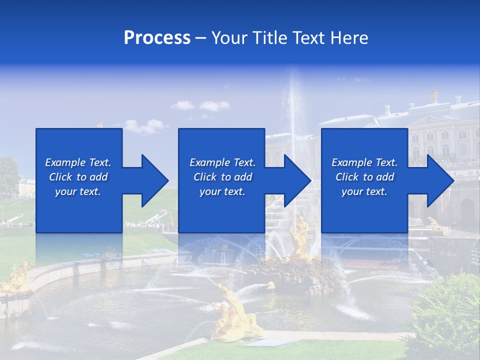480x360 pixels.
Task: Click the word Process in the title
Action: point(157,38)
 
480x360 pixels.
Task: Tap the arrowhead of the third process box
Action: point(440,180)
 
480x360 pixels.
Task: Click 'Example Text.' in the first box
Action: point(78,162)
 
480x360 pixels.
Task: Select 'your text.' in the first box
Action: point(78,191)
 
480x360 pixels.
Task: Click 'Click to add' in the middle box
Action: point(222,177)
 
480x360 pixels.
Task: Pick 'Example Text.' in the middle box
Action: point(222,162)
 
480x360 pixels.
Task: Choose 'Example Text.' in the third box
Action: point(364,162)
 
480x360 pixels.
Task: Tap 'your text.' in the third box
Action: point(364,191)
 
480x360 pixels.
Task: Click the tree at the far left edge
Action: point(8,175)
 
